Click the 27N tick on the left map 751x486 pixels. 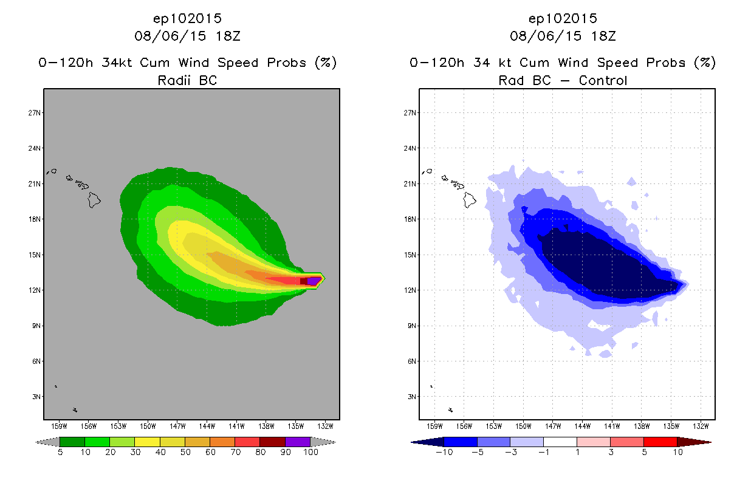click(35, 112)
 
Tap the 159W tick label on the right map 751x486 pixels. click(434, 426)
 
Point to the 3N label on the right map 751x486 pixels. click(411, 397)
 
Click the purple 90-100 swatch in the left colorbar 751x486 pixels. click(298, 442)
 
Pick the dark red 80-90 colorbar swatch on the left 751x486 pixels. click(272, 442)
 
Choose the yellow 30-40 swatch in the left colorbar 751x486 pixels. click(147, 442)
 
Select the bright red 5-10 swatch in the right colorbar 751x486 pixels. click(660, 442)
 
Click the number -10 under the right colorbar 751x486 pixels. click(444, 453)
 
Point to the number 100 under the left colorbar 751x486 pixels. click(310, 453)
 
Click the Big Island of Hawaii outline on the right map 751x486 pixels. click(470, 199)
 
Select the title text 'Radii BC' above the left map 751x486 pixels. click(187, 80)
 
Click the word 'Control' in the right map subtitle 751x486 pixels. click(603, 80)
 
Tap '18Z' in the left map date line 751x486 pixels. click(227, 36)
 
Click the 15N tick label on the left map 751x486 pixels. click(35, 255)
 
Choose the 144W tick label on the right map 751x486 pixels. click(582, 426)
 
